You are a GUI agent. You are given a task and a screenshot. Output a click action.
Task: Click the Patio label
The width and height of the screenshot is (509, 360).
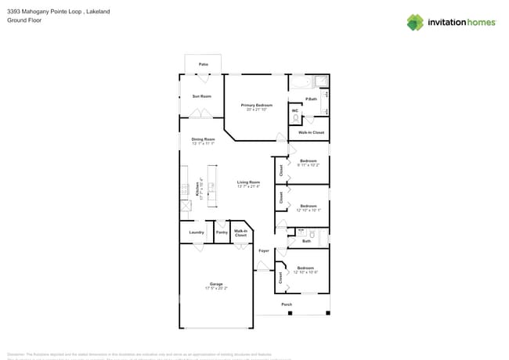click(203, 64)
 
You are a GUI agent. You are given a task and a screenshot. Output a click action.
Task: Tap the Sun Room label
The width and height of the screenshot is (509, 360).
click(201, 96)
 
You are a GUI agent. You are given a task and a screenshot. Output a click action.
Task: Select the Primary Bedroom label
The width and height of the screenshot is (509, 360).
click(257, 104)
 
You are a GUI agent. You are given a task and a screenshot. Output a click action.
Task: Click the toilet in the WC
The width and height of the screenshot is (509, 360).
click(295, 119)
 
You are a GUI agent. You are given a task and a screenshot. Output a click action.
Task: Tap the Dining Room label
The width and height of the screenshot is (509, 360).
click(203, 139)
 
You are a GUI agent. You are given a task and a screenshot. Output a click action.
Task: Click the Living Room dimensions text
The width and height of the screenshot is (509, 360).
click(248, 186)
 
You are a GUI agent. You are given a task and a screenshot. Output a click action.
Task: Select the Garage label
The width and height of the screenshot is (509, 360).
click(215, 283)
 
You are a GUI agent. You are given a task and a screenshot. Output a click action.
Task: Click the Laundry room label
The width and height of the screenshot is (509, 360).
click(197, 232)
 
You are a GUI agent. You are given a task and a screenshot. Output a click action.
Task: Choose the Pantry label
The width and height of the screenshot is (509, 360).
click(222, 232)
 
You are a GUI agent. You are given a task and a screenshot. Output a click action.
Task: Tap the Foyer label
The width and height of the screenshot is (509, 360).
click(264, 250)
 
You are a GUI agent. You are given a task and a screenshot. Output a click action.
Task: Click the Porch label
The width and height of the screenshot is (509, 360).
click(287, 304)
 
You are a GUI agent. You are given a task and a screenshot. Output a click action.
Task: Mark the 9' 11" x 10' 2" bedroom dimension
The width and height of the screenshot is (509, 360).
click(308, 165)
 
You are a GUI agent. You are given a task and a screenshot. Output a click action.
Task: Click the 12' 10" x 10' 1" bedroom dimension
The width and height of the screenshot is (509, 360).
click(308, 210)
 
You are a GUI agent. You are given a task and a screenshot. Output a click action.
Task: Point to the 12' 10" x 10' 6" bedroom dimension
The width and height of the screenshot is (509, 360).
click(305, 272)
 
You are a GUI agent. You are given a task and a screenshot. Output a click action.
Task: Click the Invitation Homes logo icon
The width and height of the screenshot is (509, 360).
click(414, 22)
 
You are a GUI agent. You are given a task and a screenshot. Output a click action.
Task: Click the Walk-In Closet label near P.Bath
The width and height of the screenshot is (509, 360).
click(311, 132)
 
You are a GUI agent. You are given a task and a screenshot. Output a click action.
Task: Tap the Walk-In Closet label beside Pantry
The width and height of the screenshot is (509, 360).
click(240, 233)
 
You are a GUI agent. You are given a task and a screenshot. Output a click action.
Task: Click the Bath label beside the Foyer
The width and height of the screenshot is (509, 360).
click(306, 241)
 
